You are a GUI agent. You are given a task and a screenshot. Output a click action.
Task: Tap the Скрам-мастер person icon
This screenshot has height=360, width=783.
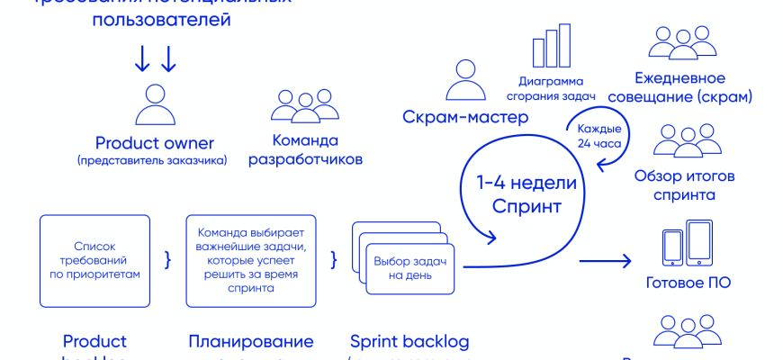click(x=464, y=81)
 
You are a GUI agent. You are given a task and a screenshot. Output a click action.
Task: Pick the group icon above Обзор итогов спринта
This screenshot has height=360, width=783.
click(x=679, y=141)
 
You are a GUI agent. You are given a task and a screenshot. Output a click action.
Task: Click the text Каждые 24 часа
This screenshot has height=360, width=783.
click(x=599, y=135)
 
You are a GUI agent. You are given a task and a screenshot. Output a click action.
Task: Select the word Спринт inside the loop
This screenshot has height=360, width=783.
click(x=526, y=205)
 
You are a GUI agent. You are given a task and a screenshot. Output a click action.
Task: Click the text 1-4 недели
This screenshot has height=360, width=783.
click(x=526, y=184)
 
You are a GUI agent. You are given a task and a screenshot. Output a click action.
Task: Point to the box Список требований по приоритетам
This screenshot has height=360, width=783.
click(x=94, y=260)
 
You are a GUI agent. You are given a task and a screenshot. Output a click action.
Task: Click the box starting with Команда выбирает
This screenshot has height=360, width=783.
click(x=251, y=261)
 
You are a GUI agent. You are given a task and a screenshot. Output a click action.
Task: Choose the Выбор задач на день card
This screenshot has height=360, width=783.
click(x=410, y=268)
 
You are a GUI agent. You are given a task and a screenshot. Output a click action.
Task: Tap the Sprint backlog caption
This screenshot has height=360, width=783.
click(x=409, y=341)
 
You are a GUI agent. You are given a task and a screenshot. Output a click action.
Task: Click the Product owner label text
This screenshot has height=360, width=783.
click(x=155, y=143)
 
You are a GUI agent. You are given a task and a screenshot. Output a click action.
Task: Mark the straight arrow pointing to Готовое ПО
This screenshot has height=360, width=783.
click(x=605, y=262)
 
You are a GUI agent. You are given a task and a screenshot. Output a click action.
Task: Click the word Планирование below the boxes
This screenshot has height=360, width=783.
click(x=251, y=341)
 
